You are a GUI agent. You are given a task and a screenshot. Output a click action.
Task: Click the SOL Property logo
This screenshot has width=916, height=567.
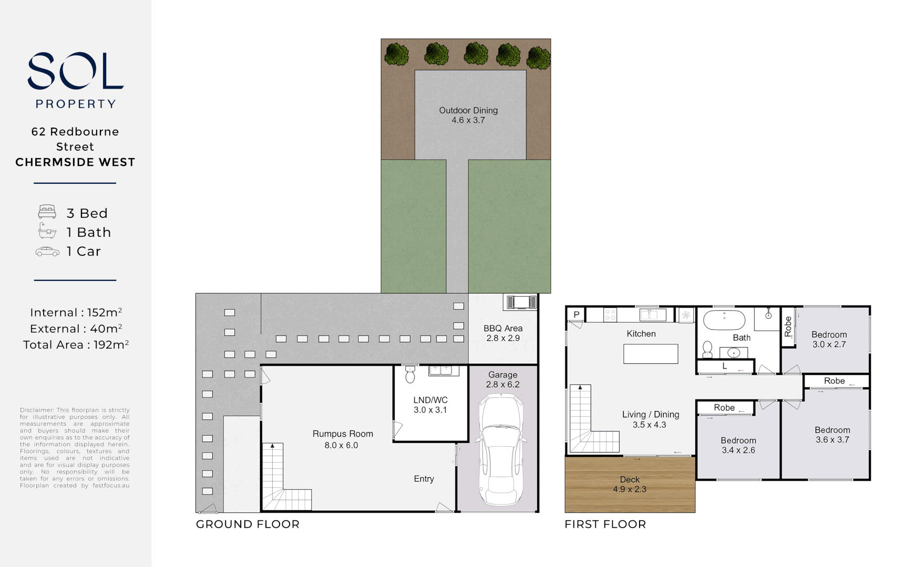[x=75, y=79]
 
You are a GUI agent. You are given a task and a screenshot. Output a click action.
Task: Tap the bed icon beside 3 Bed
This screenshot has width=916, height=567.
[x=47, y=212]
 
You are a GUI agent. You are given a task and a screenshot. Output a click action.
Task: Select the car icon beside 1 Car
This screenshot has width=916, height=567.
[x=47, y=251]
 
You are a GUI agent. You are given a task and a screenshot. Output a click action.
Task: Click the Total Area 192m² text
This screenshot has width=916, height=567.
[x=76, y=345]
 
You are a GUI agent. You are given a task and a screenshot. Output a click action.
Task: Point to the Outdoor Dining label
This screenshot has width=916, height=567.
[x=468, y=115]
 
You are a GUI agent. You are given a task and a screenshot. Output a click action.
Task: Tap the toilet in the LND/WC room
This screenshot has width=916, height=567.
[x=410, y=375]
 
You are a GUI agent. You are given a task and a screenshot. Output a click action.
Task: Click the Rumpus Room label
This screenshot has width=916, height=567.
[x=342, y=439]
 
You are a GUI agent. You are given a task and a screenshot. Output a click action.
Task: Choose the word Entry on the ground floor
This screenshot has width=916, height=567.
[x=424, y=479]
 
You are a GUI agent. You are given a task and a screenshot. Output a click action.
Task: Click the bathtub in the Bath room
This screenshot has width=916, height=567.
[x=724, y=320]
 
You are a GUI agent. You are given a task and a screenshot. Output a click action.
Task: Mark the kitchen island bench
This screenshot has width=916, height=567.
[x=651, y=354]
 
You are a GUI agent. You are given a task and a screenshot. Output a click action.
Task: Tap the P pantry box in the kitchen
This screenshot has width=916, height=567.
[x=577, y=314]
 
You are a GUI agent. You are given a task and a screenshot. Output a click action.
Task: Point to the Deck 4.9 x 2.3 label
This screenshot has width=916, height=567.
[x=630, y=484]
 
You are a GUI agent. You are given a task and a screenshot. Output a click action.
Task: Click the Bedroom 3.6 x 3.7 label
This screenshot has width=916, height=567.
[x=832, y=435]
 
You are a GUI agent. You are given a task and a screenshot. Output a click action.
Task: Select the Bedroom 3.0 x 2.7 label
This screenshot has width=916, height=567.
[x=829, y=339]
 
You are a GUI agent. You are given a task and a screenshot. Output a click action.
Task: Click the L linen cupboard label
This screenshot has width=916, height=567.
[x=725, y=366]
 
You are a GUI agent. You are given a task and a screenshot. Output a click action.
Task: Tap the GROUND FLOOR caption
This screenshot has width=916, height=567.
[x=248, y=524]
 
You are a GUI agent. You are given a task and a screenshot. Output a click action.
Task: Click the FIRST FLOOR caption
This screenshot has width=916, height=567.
[x=605, y=524]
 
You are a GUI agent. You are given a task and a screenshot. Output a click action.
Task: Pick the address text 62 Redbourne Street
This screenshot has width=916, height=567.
[x=75, y=139]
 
